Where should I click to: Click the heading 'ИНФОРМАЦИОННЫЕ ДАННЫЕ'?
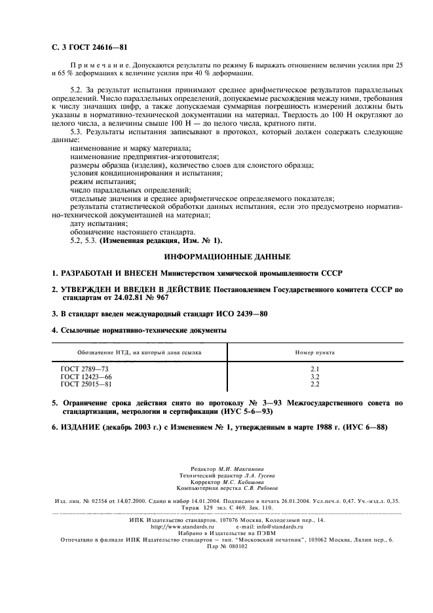(217, 257)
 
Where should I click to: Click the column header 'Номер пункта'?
(314, 352)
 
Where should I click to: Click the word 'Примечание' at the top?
(97, 65)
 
